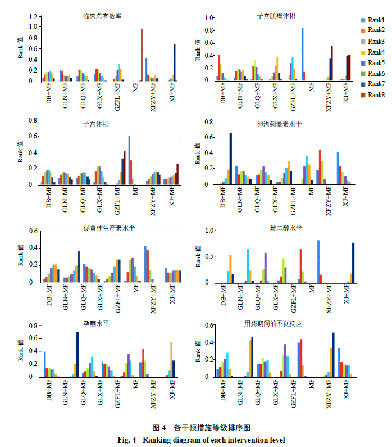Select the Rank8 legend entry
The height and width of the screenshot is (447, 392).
point(371,95)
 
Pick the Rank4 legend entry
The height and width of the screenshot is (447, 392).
point(371,52)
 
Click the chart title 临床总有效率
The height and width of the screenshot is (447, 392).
point(97,8)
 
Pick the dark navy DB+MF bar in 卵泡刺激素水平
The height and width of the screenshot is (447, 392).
point(231,159)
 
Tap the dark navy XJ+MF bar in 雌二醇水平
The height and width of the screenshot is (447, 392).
point(353,263)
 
